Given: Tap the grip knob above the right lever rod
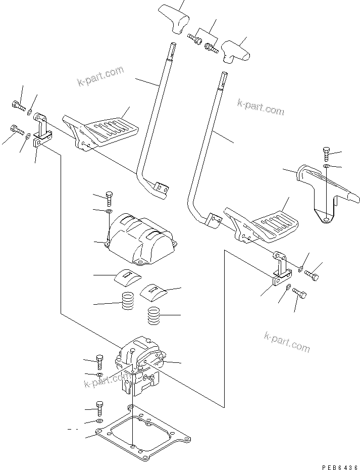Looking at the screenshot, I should (237, 51).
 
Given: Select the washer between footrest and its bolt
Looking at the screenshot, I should (327, 165).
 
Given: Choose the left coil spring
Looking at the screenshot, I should (128, 303).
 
